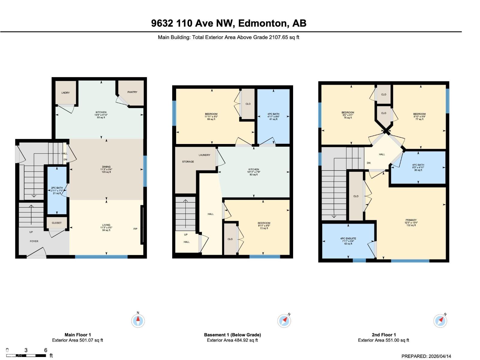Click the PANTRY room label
(132, 92)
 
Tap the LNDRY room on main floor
(65, 93)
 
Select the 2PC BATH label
(57, 188)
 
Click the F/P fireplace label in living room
(135, 229)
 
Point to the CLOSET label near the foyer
(57, 223)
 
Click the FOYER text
(34, 241)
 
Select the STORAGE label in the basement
(188, 162)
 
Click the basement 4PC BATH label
(273, 114)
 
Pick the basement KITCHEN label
(253, 169)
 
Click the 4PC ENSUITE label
(348, 238)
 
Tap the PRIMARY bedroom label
(411, 220)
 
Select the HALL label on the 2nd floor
(382, 154)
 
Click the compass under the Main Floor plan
(138, 321)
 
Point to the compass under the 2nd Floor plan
(440, 321)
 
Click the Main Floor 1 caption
(78, 335)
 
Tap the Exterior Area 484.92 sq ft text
(232, 340)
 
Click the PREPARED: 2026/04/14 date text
(426, 356)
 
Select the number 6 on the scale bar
(46, 350)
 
